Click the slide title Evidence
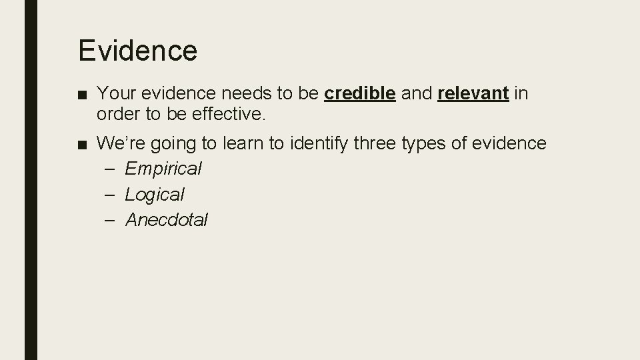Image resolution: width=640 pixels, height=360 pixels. pos(137,51)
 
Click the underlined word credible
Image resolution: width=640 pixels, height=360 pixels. pos(360,94)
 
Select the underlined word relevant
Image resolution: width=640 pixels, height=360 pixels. pos(473,94)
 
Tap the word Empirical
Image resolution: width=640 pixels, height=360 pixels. pos(163,169)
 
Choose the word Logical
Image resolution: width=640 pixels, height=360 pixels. pos(155,195)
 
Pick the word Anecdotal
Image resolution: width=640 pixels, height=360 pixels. pos(167,219)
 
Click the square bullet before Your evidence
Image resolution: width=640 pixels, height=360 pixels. pos(82,95)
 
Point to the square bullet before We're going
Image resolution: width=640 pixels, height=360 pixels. pos(82,144)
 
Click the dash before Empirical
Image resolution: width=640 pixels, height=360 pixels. pos(111,169)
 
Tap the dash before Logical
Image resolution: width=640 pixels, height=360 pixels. pos(111,195)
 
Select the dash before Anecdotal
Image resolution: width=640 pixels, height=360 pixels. pos(111,220)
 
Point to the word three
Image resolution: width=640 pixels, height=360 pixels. pos(377,143)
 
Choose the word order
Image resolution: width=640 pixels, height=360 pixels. pos(117,114)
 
